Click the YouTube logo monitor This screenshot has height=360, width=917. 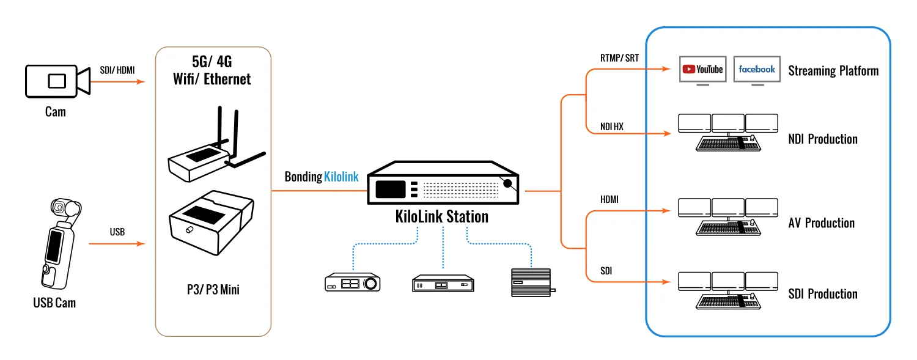click(x=702, y=70)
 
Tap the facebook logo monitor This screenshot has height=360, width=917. click(x=757, y=70)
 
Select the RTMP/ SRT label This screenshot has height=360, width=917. click(x=619, y=58)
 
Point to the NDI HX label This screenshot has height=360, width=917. click(x=611, y=127)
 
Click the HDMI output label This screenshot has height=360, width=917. click(x=609, y=200)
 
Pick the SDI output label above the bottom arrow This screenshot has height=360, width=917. click(x=606, y=271)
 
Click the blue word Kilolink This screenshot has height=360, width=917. click(x=341, y=177)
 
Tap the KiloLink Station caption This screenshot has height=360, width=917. click(x=442, y=216)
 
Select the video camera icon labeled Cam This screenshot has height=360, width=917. click(x=57, y=81)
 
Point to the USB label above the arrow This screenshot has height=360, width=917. click(x=117, y=232)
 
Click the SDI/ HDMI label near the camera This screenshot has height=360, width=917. click(x=117, y=70)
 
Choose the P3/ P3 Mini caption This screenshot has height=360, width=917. click(x=213, y=290)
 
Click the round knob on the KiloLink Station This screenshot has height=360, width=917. click(x=507, y=183)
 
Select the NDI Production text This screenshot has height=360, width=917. click(x=823, y=139)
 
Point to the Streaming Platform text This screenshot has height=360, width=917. click(x=833, y=71)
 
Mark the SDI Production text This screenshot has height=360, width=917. click(x=823, y=294)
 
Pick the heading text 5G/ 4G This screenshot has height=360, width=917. click(x=212, y=62)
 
